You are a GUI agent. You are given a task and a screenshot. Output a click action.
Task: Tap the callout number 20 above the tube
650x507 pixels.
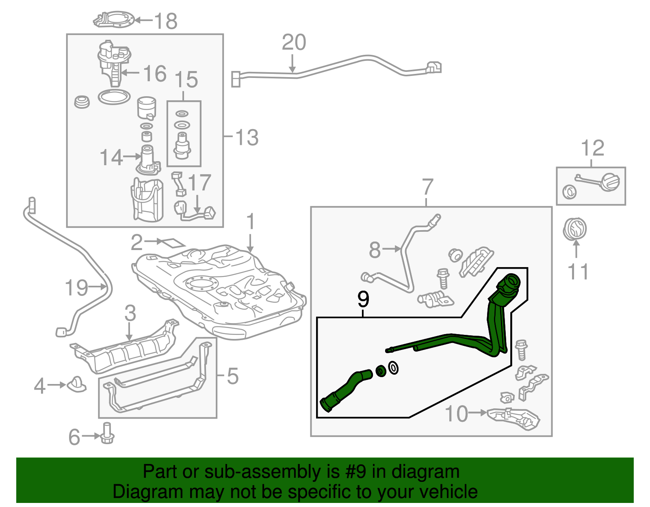click(294, 42)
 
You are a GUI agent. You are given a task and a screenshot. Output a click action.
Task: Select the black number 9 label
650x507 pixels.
click(363, 299)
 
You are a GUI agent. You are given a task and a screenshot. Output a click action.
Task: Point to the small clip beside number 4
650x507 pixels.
click(77, 384)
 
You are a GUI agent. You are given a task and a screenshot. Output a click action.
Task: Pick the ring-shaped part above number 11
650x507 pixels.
click(575, 229)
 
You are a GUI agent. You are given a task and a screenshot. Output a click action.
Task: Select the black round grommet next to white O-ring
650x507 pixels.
click(381, 371)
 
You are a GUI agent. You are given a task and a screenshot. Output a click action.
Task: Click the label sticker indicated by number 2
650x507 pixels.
click(173, 243)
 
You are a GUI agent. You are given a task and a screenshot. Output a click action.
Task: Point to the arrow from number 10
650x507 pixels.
click(478, 413)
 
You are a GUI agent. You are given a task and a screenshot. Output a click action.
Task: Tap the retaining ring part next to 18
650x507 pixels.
click(114, 19)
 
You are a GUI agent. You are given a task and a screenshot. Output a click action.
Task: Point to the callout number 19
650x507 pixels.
click(76, 287)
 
